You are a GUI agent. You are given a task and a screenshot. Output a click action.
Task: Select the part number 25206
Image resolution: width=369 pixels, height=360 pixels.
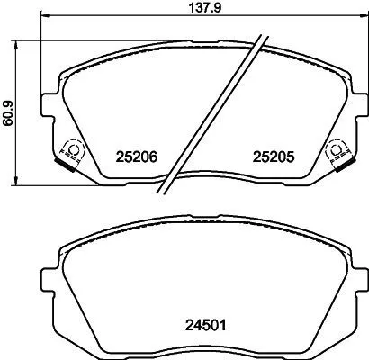[138, 156]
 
